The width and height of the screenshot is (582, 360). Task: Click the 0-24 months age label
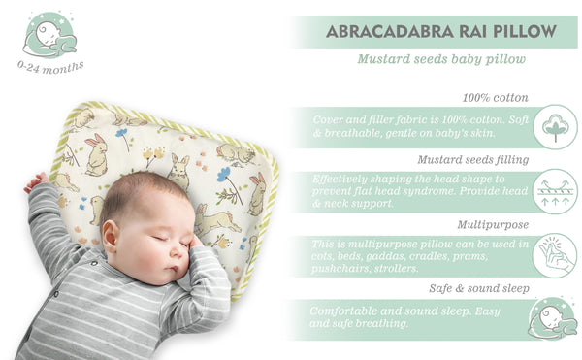[x=49, y=66]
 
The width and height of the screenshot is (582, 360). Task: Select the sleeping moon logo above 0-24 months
[x=49, y=35]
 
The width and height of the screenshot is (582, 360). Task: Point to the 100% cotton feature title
[x=497, y=98]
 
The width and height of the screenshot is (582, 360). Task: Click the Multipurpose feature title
[x=499, y=223]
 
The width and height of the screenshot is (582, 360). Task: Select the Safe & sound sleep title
[x=480, y=288]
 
